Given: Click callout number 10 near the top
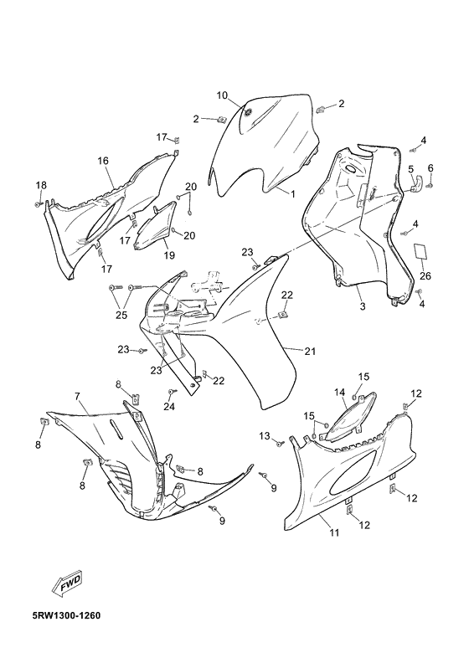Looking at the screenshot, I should pos(222,95).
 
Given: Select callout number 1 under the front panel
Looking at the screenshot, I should pos(293,194).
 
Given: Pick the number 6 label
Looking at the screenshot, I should pos(430,168).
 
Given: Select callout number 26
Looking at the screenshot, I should pos(425,276).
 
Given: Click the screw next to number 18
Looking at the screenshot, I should pos(39,202).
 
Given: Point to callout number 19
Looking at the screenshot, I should pos(168,256).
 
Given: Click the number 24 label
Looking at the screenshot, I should pos(169,407).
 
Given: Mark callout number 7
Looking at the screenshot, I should pos(76,396).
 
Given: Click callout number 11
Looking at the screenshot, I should pos(333,532).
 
